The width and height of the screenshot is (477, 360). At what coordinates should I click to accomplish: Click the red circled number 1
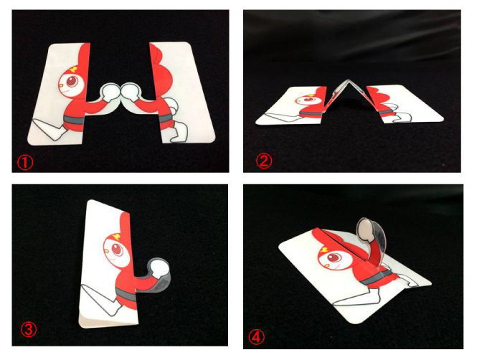[x=25, y=163]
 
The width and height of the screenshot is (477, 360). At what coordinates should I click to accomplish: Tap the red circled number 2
[x=264, y=161]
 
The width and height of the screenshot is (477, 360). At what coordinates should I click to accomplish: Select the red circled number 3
[x=28, y=330]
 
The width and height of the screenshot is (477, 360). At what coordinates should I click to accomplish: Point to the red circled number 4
[x=257, y=337]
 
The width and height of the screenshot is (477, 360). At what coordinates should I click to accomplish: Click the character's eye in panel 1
[x=72, y=82]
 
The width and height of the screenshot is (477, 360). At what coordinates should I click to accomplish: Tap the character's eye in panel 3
[x=117, y=250]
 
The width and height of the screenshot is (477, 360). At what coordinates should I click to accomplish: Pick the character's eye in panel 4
[x=334, y=258]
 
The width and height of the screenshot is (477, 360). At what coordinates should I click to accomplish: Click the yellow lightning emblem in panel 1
[x=74, y=70]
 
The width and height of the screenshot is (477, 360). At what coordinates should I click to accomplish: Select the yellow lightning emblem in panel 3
[x=116, y=236]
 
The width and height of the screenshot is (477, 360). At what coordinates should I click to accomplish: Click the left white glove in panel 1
[x=110, y=91]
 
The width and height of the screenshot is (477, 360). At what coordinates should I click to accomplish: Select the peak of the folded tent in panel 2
[x=348, y=81]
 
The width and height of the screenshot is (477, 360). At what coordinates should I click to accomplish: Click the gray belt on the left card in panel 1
[x=73, y=120]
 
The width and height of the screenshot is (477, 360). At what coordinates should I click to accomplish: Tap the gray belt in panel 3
[x=126, y=295]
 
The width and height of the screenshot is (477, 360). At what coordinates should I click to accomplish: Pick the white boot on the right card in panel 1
[x=179, y=133]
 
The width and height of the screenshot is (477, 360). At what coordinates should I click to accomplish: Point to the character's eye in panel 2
[x=311, y=100]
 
